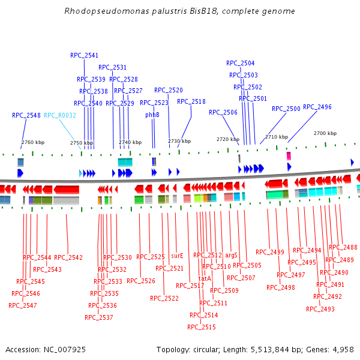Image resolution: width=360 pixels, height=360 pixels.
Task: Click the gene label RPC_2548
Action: [x=26, y=115]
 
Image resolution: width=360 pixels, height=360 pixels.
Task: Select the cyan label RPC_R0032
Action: [x=60, y=115]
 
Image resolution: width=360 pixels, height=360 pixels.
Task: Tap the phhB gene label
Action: [x=152, y=115]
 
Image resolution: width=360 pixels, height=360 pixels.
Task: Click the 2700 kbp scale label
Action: [x=325, y=133]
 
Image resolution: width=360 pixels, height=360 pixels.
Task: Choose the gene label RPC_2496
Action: [x=317, y=107]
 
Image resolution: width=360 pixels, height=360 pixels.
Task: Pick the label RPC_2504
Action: [x=240, y=63]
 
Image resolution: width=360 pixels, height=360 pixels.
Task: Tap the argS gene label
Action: [x=232, y=255]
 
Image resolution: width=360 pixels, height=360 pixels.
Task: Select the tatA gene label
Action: [x=205, y=278]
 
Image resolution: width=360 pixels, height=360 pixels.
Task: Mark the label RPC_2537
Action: [x=99, y=317]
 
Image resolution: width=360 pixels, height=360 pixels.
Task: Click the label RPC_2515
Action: [x=201, y=327]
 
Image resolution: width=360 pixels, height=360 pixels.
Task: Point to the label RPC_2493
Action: [x=320, y=309]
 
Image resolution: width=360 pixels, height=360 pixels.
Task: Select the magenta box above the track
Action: [x=289, y=156]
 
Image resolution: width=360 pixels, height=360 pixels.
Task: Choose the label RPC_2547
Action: [x=23, y=305]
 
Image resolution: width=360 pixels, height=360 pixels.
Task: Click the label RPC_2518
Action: [x=191, y=101]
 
